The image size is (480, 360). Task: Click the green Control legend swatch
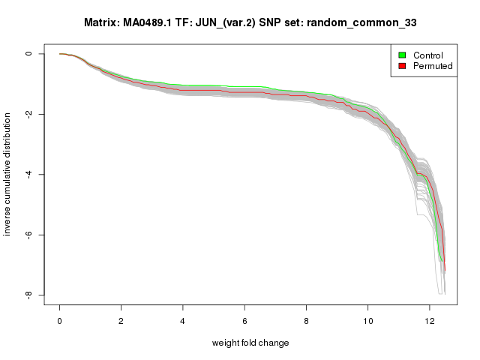coord(402,55)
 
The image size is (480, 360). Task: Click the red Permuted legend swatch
coord(402,66)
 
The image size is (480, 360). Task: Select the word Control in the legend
coord(428,55)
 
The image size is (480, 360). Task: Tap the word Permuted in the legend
coord(433,66)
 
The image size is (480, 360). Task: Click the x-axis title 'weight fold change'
coord(250,343)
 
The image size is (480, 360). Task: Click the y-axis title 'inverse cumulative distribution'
coord(8,174)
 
